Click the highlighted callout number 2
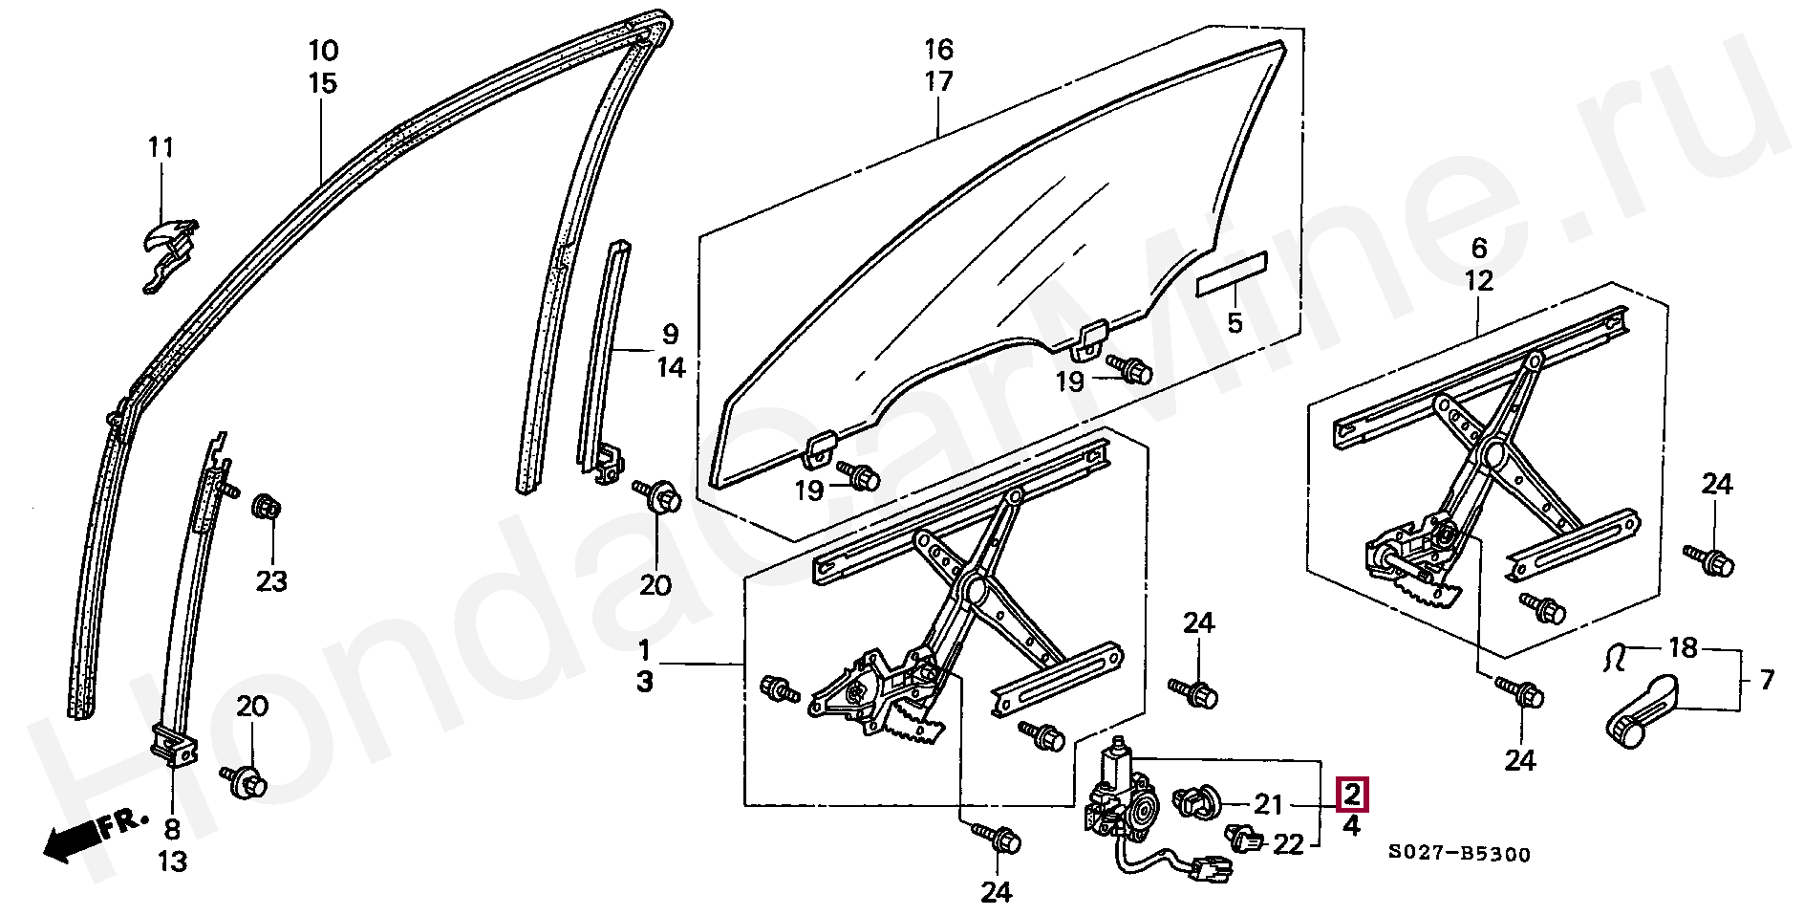click(1351, 795)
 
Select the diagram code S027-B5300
click(1459, 854)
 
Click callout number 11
click(161, 148)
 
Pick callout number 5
click(1235, 323)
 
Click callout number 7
click(1767, 680)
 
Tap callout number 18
click(1683, 648)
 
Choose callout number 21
click(1268, 805)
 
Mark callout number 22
click(1288, 844)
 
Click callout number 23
click(271, 580)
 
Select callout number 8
click(172, 829)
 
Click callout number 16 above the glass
click(938, 50)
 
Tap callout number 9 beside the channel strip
click(670, 335)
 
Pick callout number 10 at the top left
click(323, 50)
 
